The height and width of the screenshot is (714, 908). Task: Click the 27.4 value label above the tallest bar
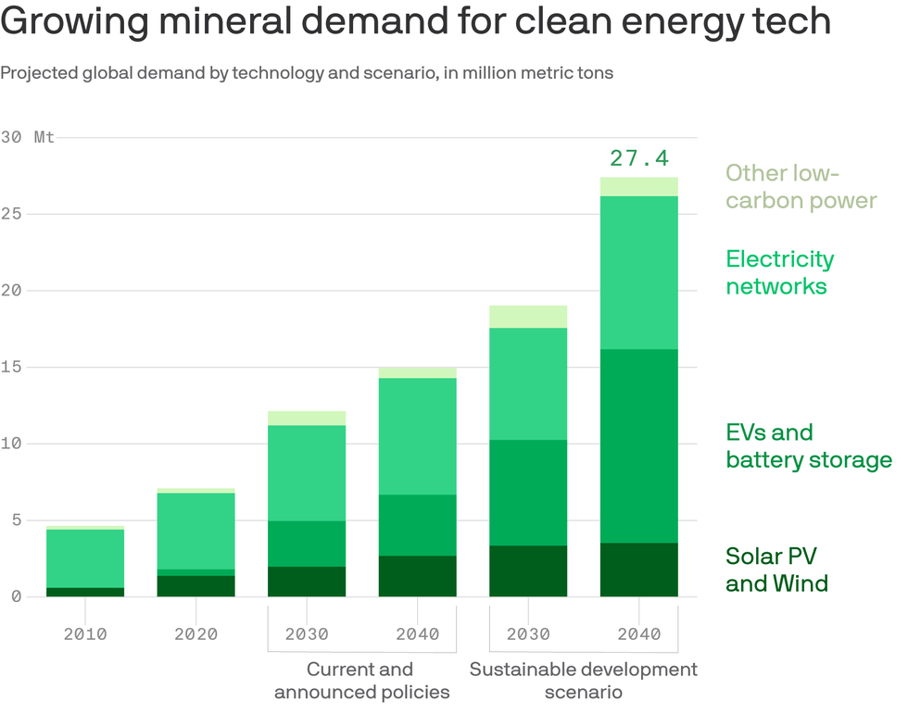[x=638, y=158]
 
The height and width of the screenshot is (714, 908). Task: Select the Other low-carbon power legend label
[x=801, y=186]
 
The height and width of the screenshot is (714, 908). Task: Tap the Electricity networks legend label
[x=779, y=272]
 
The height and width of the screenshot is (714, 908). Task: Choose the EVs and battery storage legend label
[x=808, y=445]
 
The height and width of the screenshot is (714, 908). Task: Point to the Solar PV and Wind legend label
[x=776, y=570]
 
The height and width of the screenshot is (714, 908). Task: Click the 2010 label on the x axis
[x=85, y=634]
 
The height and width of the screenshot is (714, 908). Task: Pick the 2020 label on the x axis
[x=195, y=634]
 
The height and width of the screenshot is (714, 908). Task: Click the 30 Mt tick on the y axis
[x=28, y=137]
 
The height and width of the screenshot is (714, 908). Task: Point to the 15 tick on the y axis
[x=11, y=367]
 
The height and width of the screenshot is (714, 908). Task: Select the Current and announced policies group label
[x=361, y=681]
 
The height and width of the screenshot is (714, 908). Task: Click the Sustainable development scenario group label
[x=583, y=681]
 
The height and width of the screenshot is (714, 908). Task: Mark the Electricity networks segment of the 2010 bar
[x=85, y=558]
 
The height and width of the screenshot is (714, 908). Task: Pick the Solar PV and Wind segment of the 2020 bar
[x=195, y=586]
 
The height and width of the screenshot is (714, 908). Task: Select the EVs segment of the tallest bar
[x=638, y=445]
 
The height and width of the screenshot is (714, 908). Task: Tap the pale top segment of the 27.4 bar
[x=638, y=186]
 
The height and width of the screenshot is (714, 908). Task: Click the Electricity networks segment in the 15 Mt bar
[x=417, y=436]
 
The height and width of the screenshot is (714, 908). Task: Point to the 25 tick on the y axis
[x=11, y=214]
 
